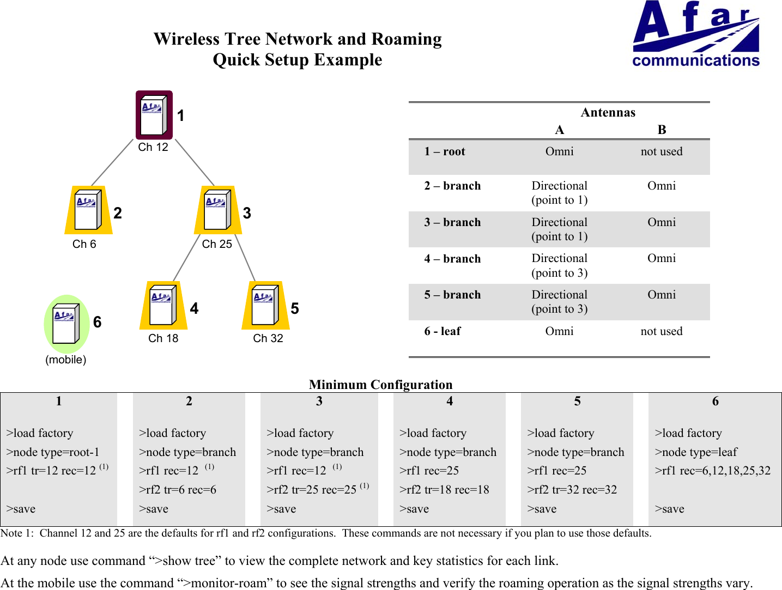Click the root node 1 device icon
154,115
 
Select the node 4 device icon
163,306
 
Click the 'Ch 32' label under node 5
268,338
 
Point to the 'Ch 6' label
84,244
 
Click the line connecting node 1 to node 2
112,162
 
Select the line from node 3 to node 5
245,258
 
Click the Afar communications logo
696,34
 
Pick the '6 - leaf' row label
442,331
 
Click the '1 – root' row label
445,151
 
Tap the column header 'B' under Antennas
662,130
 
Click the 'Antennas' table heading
608,112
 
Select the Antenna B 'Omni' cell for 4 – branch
662,258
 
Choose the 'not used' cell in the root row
662,151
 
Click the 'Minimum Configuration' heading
380,385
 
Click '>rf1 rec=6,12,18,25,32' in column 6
712,471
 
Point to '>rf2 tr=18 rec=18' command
444,490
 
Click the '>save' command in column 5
542,509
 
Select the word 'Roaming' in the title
406,39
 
